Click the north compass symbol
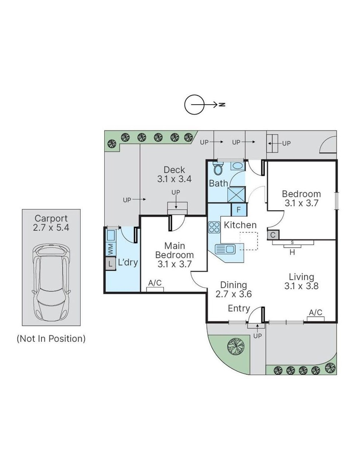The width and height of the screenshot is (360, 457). click(194, 105)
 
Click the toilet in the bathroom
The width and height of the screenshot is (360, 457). click(218, 169)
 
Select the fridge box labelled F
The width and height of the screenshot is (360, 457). click(238, 210)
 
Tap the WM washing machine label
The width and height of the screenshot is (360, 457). click(110, 249)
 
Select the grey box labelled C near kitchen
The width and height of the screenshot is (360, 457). click(273, 235)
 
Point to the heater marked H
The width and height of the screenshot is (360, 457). click(292, 252)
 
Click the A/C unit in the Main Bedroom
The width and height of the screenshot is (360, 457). click(155, 289)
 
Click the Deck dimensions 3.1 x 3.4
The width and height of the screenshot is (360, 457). click(174, 179)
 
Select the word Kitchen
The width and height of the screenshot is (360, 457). click(240, 225)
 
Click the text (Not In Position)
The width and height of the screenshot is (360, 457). click(51, 338)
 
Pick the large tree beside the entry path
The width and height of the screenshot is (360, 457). click(235, 346)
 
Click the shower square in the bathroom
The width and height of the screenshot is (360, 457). click(236, 194)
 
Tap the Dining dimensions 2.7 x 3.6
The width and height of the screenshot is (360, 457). click(233, 294)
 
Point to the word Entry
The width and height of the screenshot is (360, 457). click(239, 309)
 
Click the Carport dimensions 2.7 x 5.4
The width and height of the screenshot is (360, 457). click(51, 228)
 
